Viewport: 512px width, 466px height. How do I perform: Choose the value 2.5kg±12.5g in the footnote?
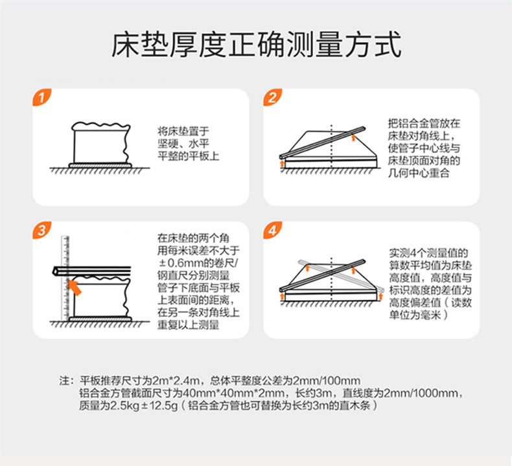(x=139, y=405)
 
